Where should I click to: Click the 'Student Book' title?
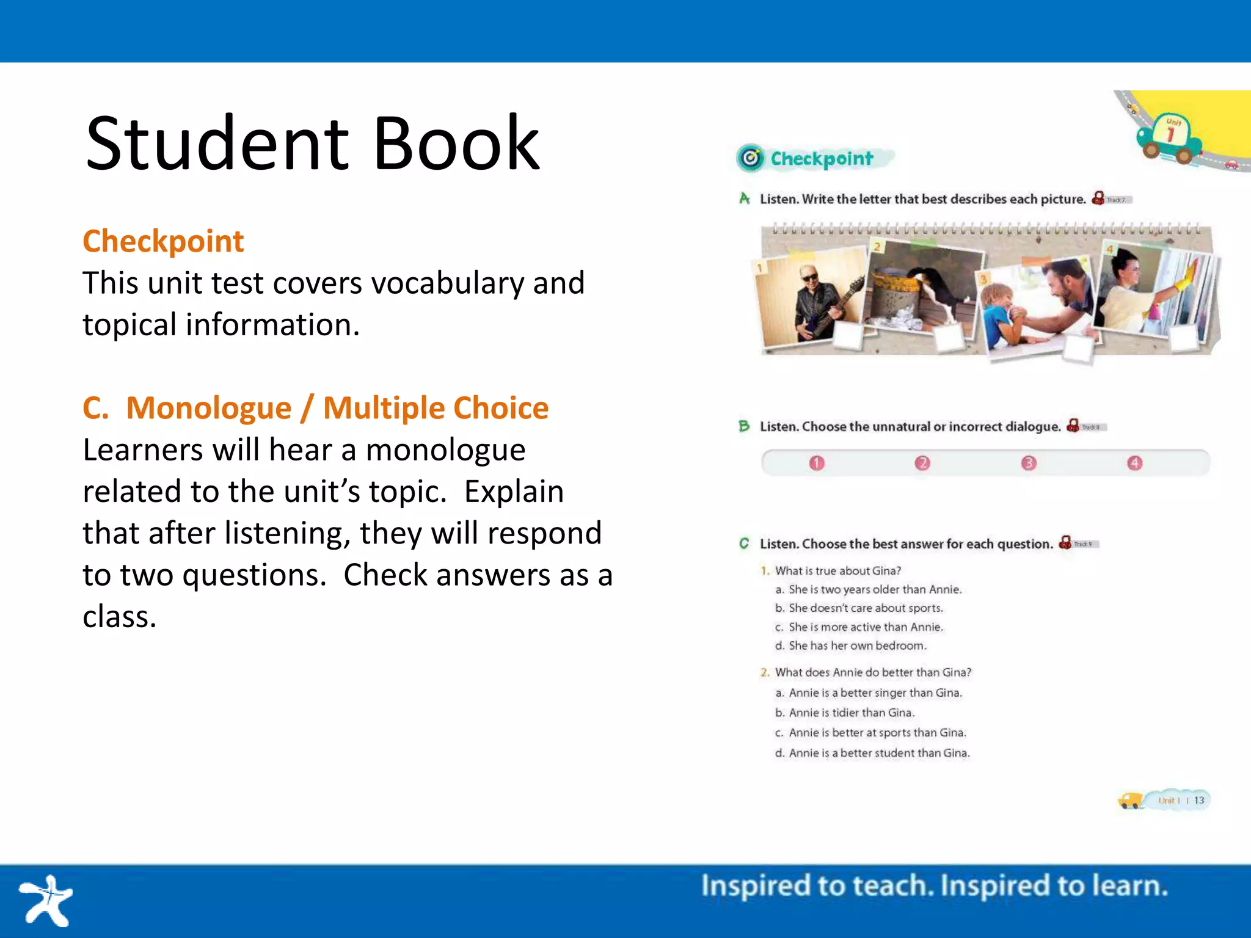pos(312,144)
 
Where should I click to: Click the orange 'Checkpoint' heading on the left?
pos(163,241)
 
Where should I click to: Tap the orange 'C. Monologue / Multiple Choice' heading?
pos(315,408)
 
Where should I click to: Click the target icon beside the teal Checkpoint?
pos(751,159)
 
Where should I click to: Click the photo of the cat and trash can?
pos(922,287)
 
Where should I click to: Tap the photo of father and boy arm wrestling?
pos(1038,305)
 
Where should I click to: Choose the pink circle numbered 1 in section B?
pos(817,464)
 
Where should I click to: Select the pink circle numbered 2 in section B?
pos(922,464)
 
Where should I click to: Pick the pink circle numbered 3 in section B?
pos(1029,464)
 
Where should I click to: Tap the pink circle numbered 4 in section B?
pos(1135,464)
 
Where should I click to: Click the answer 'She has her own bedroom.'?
pos(857,646)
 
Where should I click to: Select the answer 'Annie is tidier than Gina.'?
pos(851,713)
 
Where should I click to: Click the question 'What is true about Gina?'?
pos(837,571)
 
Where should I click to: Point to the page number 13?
pos(1199,801)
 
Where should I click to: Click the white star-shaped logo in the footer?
pos(46,900)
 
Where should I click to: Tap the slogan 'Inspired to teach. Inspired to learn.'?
pos(934,886)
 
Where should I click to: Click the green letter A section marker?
pos(745,198)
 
